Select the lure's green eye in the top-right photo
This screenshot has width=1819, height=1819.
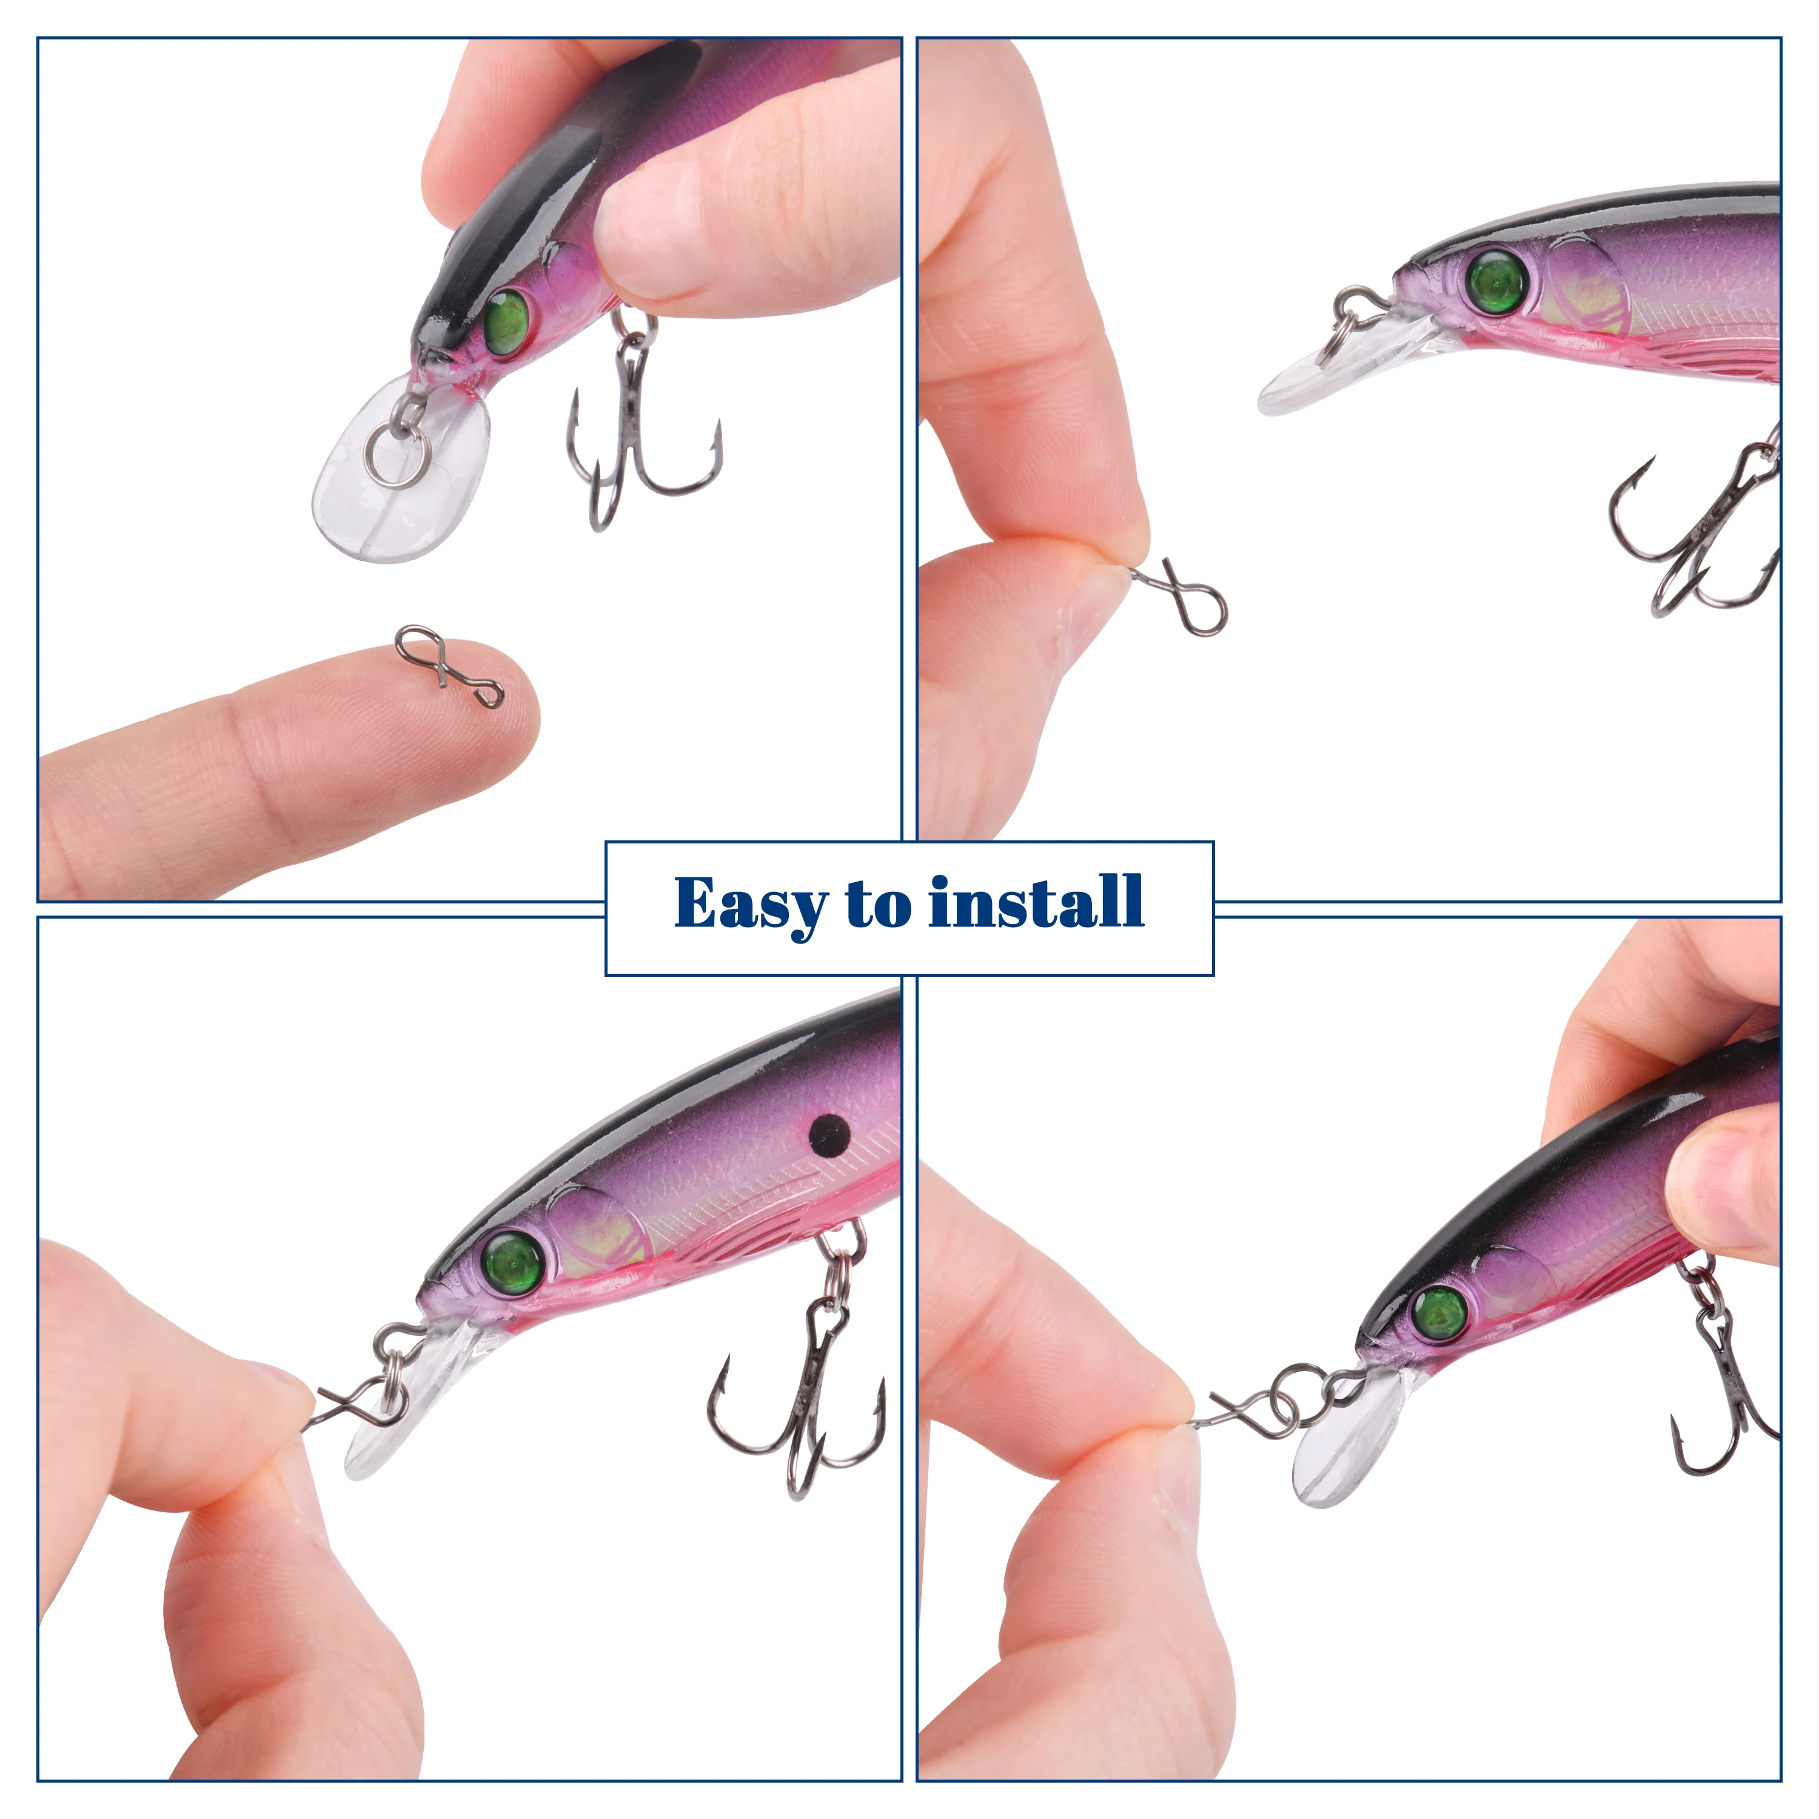coord(1497,281)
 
